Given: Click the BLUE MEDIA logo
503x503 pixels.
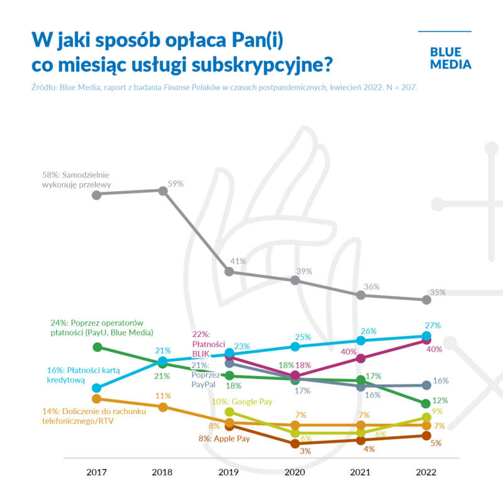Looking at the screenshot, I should (450, 58).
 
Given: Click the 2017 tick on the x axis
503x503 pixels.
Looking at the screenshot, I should (96, 472).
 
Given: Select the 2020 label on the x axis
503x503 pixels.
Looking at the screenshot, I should (295, 472).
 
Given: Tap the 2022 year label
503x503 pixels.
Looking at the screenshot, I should (426, 472).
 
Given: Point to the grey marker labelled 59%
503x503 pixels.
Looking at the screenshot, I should (162, 191).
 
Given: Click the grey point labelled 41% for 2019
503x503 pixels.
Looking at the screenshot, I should (229, 271).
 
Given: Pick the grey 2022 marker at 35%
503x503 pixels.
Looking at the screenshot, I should (426, 299).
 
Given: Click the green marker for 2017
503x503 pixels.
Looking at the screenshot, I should (96, 346).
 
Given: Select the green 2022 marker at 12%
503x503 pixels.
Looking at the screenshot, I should (426, 403).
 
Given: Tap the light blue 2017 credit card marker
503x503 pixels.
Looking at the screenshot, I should (96, 388).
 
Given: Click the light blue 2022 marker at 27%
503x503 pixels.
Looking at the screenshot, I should (426, 336).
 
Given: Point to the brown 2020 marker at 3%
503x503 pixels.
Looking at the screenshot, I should (295, 443).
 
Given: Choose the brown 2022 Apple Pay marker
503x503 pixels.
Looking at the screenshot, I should (426, 435).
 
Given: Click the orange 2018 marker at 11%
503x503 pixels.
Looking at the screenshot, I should (162, 407).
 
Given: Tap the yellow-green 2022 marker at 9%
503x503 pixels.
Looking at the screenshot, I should (426, 417).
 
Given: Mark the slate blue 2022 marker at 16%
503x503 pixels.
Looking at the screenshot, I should (426, 385).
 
